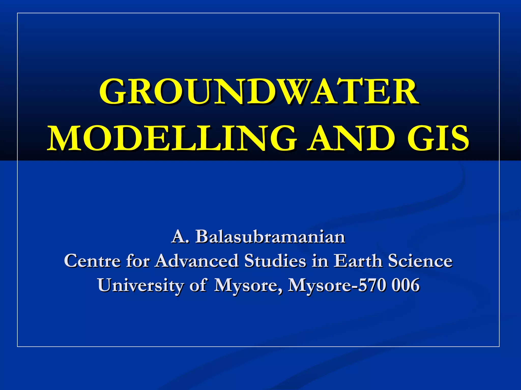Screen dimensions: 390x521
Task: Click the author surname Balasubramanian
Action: [x=270, y=237]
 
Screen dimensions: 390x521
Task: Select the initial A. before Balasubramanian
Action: [x=180, y=237]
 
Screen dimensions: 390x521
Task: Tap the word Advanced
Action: [x=197, y=261]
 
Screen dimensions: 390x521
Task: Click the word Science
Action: [x=420, y=261]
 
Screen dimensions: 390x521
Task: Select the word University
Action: [x=140, y=285]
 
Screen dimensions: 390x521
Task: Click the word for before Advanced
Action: [x=138, y=261]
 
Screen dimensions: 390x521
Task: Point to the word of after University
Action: [x=197, y=285]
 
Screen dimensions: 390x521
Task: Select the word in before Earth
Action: [x=320, y=261]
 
